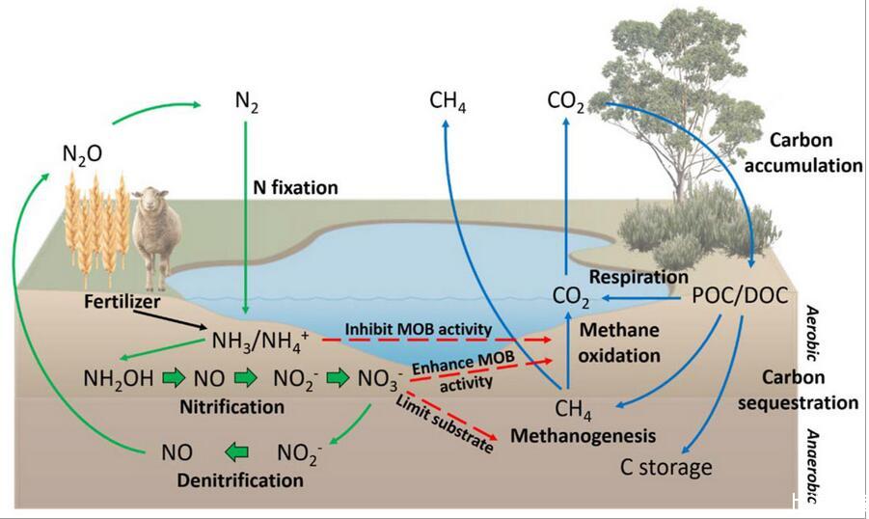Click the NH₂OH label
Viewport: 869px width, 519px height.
pyautogui.click(x=118, y=377)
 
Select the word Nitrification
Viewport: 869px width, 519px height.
pyautogui.click(x=232, y=406)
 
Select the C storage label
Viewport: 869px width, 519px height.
pyautogui.click(x=665, y=469)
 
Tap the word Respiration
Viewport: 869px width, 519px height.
pyautogui.click(x=638, y=276)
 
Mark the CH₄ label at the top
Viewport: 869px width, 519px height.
pyautogui.click(x=448, y=100)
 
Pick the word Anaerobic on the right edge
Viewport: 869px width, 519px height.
pyautogui.click(x=812, y=469)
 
